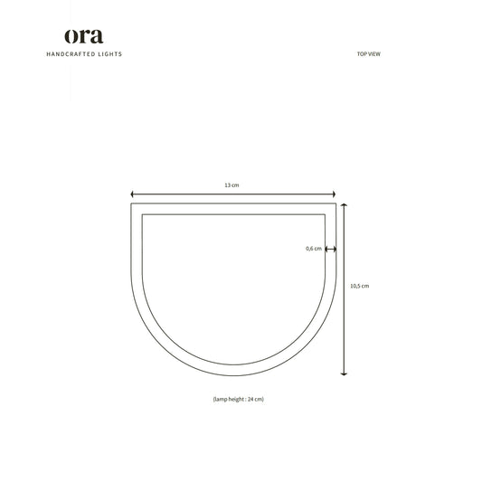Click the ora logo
tap(83, 36)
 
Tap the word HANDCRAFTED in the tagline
tap(71, 54)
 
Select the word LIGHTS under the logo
tap(110, 54)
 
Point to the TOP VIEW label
tap(368, 54)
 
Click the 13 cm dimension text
tap(232, 184)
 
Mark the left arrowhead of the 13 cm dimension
tap(133, 194)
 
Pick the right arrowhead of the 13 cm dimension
tap(334, 194)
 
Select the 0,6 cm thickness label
tap(313, 249)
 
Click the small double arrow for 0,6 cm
tap(330, 249)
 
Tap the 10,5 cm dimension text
tap(359, 285)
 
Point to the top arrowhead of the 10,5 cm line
tap(344, 205)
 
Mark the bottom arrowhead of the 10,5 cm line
tap(344, 373)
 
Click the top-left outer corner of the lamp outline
tap(132, 203)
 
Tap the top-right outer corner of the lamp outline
tap(336, 203)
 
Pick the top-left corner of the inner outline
tap(141, 213)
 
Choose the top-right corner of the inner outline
tap(326, 213)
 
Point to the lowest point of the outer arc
tap(233, 374)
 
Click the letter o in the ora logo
tap(72, 37)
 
